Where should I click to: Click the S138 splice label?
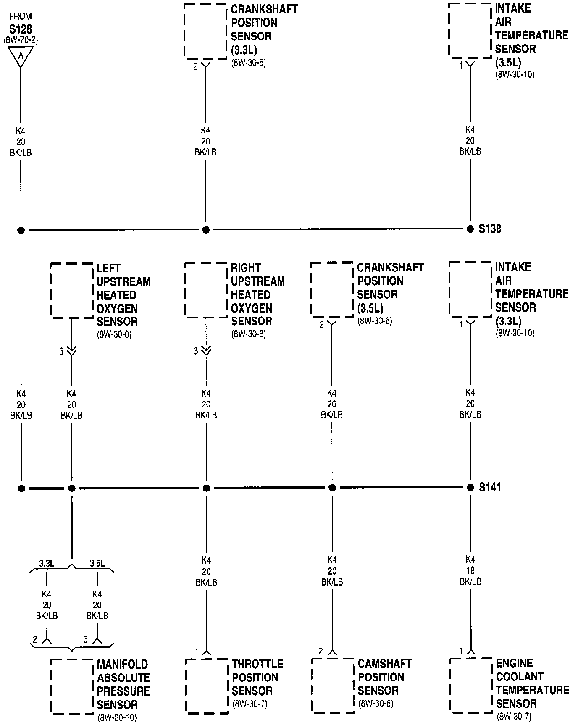490,229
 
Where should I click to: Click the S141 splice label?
490,487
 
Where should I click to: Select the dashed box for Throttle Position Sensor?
206,686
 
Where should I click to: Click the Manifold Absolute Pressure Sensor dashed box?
72,686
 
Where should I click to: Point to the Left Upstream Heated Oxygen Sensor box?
71,290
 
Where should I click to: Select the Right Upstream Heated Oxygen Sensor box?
206,290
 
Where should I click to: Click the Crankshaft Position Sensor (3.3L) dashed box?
205,31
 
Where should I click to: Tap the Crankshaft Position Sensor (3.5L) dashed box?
332,289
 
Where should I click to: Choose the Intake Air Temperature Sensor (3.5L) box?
470,30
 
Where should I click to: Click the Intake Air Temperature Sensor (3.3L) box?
470,289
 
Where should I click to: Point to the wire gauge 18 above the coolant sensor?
470,570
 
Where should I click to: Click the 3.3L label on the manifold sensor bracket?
47,563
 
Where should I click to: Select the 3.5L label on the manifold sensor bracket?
97,563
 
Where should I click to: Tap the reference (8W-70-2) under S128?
21,40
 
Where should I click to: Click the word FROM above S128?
21,17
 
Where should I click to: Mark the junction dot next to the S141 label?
470,488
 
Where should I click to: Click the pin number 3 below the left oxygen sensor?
61,351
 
